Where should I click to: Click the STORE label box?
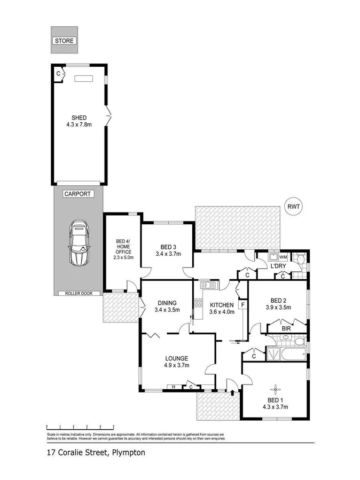pyautogui.click(x=64, y=41)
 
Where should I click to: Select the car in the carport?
pyautogui.click(x=79, y=243)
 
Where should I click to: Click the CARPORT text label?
pyautogui.click(x=76, y=194)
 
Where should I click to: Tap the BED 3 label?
pyautogui.click(x=168, y=250)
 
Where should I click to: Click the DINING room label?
pyautogui.click(x=165, y=306)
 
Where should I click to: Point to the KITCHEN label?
pyautogui.click(x=221, y=308)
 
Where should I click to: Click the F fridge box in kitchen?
pyautogui.click(x=243, y=304)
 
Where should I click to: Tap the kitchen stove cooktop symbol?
pyautogui.click(x=198, y=304)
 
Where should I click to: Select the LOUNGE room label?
pyautogui.click(x=176, y=361)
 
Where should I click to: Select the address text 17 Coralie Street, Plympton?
pyautogui.click(x=95, y=452)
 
